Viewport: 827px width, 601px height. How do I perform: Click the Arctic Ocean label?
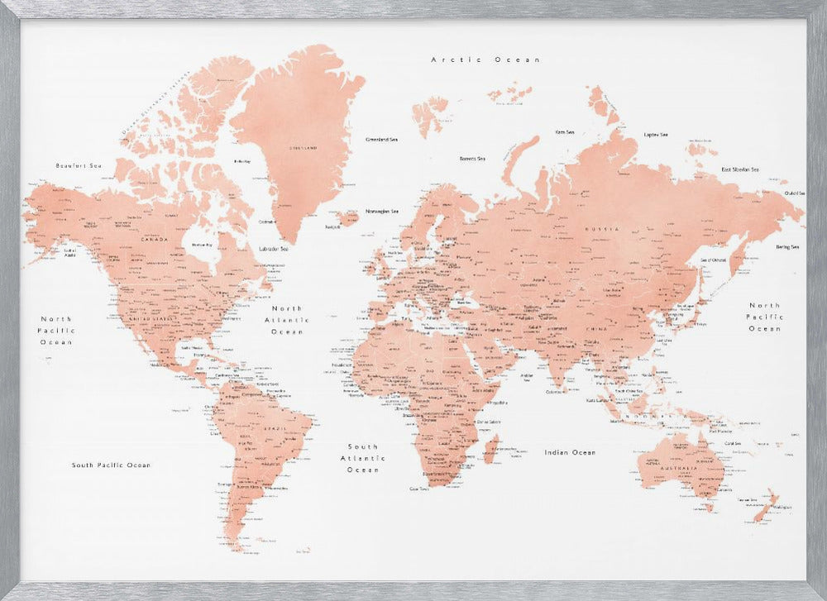tap(485, 60)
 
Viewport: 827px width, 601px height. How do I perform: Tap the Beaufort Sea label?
tap(78, 166)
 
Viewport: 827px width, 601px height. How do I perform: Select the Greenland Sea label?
tap(381, 140)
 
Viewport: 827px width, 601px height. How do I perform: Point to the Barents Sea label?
tap(472, 158)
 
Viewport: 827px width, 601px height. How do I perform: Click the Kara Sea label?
tap(565, 131)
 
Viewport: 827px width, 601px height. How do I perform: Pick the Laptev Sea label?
tap(656, 135)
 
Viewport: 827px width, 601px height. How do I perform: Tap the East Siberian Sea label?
tap(740, 169)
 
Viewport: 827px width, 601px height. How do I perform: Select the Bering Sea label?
tap(787, 246)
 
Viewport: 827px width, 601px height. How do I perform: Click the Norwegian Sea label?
tap(383, 211)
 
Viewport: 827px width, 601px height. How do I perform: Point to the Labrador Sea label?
tap(273, 249)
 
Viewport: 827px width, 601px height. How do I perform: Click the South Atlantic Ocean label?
tap(363, 458)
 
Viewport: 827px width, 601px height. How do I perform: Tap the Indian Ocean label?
tap(570, 452)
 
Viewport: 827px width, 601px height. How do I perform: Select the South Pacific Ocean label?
tap(111, 465)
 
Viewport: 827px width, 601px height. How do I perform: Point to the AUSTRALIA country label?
tap(683, 469)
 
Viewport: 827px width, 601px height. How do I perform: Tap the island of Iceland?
tap(350, 218)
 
